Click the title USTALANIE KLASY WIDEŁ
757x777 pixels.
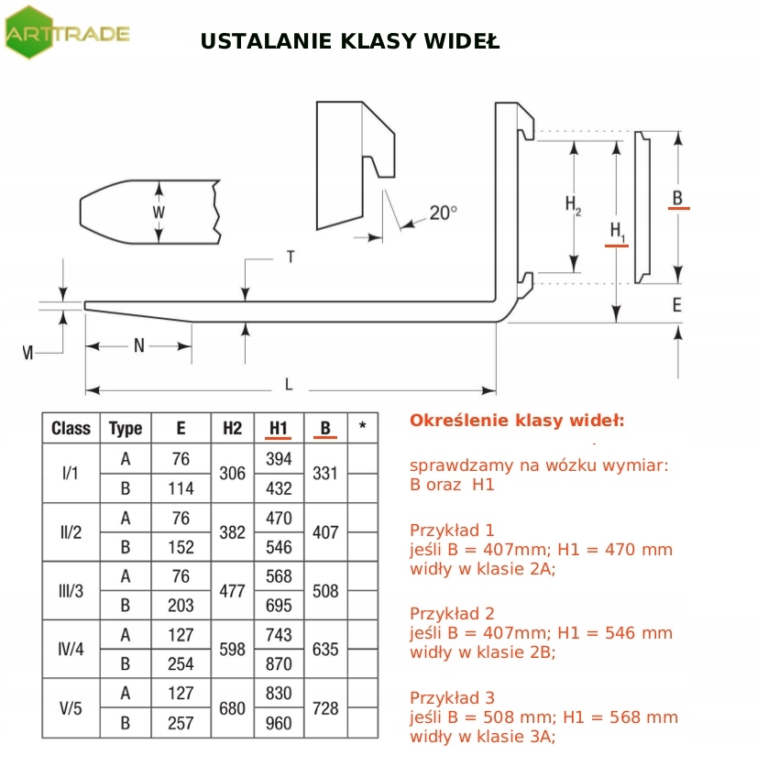349,42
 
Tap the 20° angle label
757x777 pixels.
443,213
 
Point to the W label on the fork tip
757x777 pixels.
159,212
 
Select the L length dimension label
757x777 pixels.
289,384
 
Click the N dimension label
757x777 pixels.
139,345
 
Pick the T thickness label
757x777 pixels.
291,257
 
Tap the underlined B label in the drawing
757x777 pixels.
677,198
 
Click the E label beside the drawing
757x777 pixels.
677,305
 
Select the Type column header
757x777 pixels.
126,428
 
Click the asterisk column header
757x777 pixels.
363,427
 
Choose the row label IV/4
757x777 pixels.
71,650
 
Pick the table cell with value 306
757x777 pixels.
233,474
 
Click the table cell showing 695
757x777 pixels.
279,606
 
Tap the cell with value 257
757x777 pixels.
181,723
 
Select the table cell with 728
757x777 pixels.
325,708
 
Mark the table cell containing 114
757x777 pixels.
181,488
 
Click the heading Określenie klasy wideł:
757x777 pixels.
517,421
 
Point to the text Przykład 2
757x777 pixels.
452,613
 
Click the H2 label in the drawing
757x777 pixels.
573,205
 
